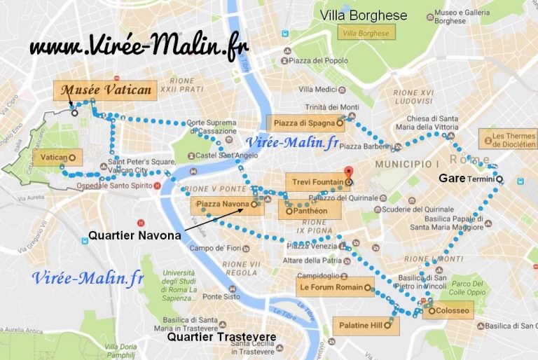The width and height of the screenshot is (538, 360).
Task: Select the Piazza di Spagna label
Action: click(305, 122)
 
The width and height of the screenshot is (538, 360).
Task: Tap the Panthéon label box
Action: click(309, 210)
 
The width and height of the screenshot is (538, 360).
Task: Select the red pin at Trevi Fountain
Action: click(350, 172)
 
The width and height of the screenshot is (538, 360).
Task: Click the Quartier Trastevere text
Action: click(221, 338)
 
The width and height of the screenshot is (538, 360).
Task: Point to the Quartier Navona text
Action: click(134, 236)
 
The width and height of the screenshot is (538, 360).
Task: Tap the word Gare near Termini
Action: click(452, 179)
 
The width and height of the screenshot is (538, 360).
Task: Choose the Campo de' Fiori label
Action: click(212, 248)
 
